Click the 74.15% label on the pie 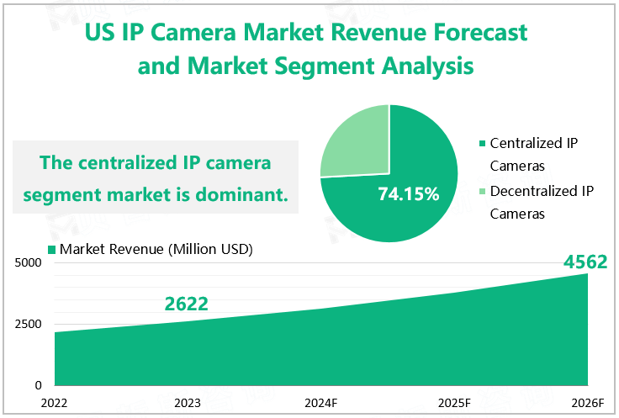409,194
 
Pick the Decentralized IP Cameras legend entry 541,202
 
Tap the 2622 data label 186,304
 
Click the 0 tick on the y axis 38,385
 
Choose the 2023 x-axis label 187,403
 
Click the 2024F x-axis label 320,403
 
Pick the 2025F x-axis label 454,403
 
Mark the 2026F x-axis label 586,403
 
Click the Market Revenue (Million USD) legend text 156,249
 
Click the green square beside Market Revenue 52,250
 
